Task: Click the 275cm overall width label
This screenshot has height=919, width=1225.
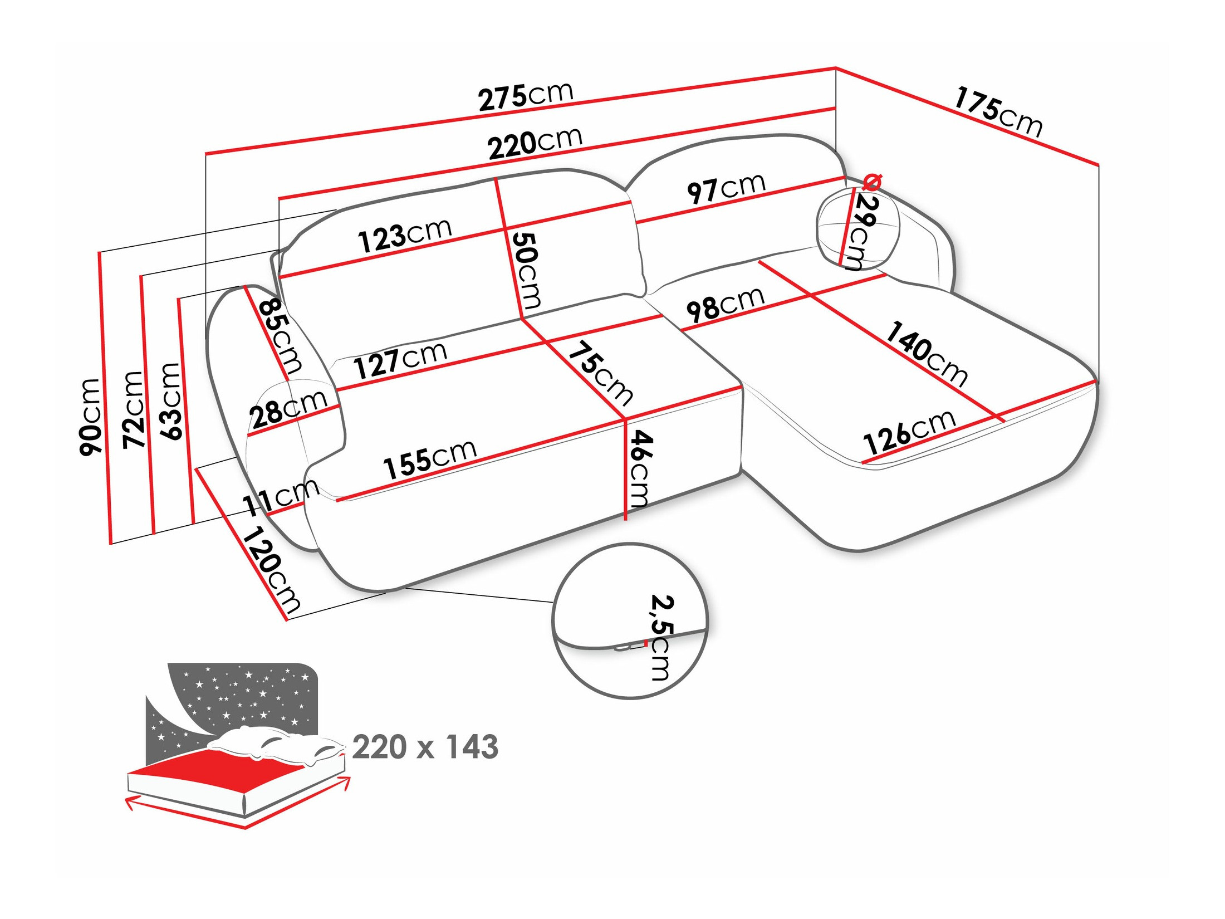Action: point(526,96)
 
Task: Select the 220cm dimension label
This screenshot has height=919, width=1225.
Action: point(535,144)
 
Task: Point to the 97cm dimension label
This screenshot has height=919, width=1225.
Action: point(726,188)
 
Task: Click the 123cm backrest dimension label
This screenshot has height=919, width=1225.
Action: point(404,236)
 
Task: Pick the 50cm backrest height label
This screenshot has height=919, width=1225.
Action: point(526,270)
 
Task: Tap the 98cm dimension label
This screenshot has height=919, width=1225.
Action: point(725,305)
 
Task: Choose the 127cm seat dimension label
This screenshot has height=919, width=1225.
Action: point(400,360)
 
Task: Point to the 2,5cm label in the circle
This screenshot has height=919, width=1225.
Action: point(661,637)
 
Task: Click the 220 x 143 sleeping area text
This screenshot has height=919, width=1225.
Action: point(425,747)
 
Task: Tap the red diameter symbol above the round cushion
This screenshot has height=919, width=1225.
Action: point(872,182)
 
